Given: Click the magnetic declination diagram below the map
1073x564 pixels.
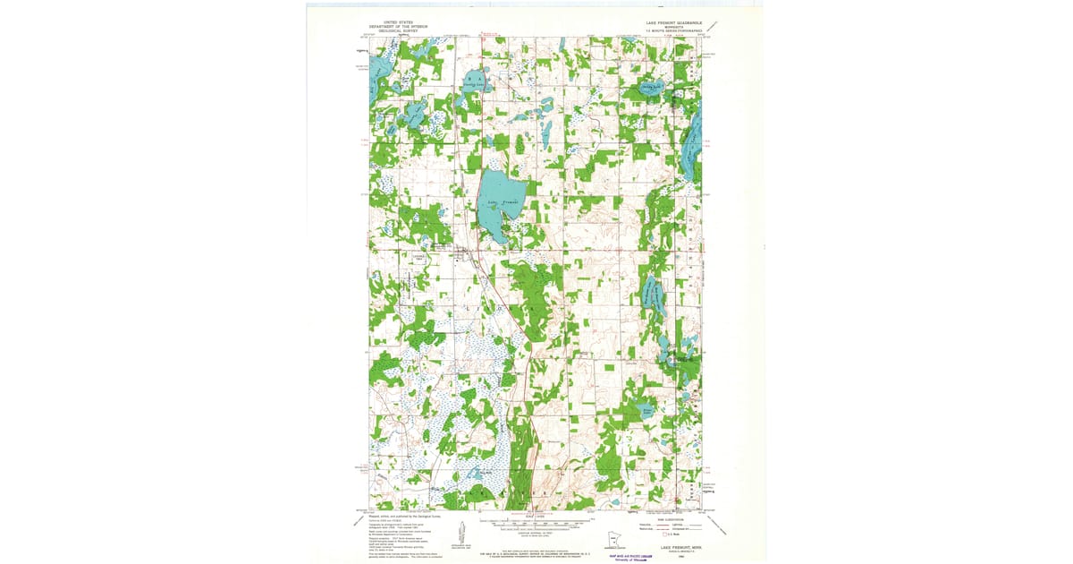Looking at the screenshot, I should tap(461, 534).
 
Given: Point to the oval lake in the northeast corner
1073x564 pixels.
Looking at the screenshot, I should tap(649, 89).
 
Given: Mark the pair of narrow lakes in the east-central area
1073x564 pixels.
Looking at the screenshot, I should tap(654, 295).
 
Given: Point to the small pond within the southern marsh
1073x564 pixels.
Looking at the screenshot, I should tap(473, 474).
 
